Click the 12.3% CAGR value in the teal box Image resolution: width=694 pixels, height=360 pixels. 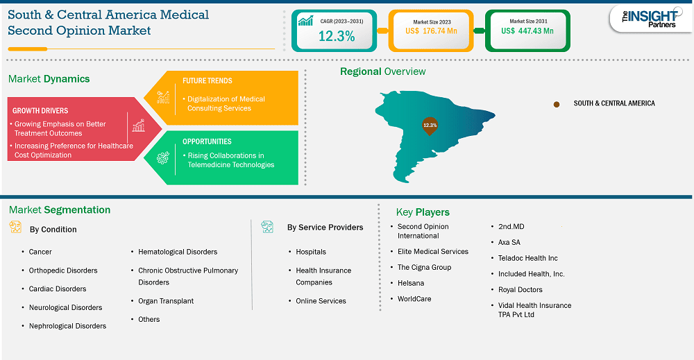coord(337,36)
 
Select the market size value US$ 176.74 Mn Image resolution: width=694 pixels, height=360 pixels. coord(431,31)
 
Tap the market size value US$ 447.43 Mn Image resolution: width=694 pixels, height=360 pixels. coord(527,31)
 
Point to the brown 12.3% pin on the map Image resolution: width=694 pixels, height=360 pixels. coord(430,126)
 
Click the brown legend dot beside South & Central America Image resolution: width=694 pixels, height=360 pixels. coord(557,104)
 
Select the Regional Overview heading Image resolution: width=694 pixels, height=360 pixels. coord(383,71)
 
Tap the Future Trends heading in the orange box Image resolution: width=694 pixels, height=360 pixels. coord(207,80)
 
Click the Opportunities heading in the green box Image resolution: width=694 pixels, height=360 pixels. coord(207,142)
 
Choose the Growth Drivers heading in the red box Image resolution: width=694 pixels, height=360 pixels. coord(40,110)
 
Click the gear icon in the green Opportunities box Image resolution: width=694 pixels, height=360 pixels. coord(163,158)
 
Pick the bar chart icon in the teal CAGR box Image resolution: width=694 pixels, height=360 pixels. coord(305,21)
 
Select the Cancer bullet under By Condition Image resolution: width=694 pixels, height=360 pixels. coord(40,252)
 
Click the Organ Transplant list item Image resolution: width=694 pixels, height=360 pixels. coord(166,301)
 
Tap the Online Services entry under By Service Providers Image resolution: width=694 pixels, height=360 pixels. coord(321,301)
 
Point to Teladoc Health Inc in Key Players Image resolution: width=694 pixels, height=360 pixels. coord(527,258)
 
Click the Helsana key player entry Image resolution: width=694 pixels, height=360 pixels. coord(411,283)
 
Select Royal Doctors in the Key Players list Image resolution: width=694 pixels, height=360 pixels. coord(520,290)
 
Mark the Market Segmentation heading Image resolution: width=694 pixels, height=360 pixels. coord(60,210)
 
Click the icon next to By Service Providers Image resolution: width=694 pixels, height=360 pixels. coord(267,227)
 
